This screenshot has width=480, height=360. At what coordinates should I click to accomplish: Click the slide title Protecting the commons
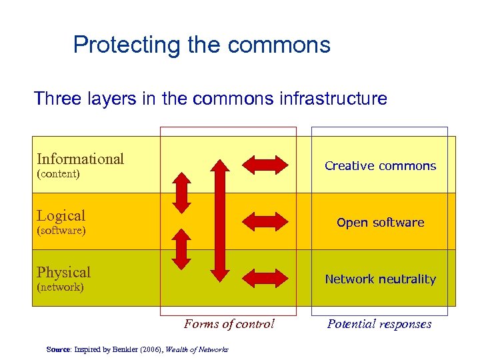201,45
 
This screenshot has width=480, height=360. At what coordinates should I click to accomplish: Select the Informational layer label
80,159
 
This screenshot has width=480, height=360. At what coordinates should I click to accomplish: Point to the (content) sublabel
58,174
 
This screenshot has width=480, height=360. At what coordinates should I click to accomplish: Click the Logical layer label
61,215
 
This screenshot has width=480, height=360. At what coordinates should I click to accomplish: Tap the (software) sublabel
61,231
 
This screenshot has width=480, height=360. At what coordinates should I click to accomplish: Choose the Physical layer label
63,272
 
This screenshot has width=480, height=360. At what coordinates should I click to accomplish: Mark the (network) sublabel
60,287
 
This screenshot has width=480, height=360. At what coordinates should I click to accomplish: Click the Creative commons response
380,166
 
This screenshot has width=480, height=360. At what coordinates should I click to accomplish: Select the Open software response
380,223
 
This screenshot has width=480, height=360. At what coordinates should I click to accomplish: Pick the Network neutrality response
380,279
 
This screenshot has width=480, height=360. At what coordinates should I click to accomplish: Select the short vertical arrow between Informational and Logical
181,193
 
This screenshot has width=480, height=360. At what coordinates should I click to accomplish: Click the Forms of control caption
229,324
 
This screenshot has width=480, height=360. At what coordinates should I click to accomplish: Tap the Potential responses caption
379,324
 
